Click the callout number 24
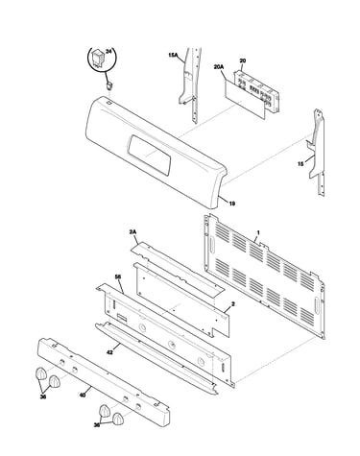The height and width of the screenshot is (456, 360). coord(108,52)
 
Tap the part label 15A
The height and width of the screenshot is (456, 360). coord(173,56)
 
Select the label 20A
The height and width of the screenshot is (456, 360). coord(219,67)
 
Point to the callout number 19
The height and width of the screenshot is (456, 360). coord(232,204)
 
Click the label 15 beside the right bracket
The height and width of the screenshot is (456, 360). coord(300,164)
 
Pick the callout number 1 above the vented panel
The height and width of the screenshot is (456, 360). coord(258,232)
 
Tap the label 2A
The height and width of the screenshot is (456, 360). coord(132,232)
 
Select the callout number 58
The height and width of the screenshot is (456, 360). coord(118,276)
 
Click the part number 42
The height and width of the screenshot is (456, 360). coord(109,352)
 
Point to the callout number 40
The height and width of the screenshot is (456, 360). coord(83,396)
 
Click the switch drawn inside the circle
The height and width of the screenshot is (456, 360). coord(97,60)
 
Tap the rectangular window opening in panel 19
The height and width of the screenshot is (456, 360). coord(149,155)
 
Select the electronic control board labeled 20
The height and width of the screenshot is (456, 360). coord(256,91)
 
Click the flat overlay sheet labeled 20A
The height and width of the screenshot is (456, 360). coord(245,100)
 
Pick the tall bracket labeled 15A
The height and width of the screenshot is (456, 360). coord(191,84)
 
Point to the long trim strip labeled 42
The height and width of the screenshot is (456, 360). coord(156,358)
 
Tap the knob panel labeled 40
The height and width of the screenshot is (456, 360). coord(104,382)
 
